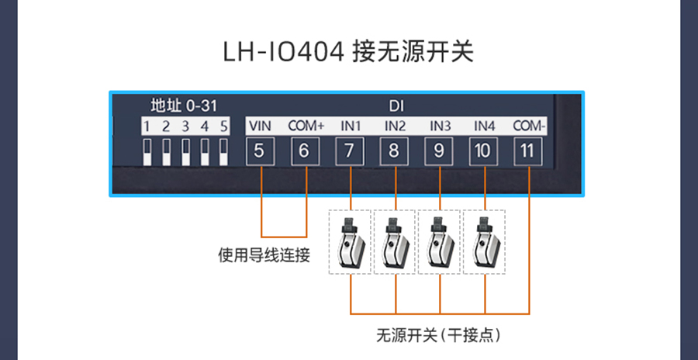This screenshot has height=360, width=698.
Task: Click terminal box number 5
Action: coord(260,151)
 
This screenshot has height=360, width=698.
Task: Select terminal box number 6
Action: coord(305,151)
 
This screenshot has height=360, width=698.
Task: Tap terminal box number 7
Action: coord(350,151)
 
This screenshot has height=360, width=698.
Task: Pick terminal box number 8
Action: coord(394,151)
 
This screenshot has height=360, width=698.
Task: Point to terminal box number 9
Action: coord(439,151)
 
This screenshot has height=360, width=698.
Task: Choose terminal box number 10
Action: coord(484,151)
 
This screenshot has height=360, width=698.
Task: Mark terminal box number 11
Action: coord(529,151)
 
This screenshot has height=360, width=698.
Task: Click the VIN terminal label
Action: coord(260,126)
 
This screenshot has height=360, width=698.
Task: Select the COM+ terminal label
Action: coord(306,126)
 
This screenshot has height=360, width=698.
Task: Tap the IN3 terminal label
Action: coord(440,126)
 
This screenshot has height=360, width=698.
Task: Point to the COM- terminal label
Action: coord(530,126)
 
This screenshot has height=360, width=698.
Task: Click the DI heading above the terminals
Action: coord(396,106)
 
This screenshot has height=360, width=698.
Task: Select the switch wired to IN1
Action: coord(351,242)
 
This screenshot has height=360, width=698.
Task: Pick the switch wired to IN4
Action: coord(485,242)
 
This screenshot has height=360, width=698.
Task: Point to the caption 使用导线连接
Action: coord(264,254)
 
